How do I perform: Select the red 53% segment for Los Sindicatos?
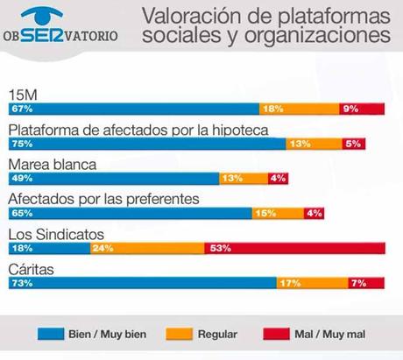[x=294, y=248]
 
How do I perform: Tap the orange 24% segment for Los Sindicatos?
[x=146, y=248]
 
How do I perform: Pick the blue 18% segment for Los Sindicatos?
[x=48, y=248]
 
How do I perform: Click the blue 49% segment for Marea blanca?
[x=113, y=178]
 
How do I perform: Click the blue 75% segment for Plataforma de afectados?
[x=146, y=144]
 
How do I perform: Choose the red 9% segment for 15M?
[x=362, y=109]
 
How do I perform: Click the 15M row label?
[x=21, y=94]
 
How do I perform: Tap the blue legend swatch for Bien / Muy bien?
[x=53, y=334]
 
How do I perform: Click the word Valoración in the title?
[x=185, y=17]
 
